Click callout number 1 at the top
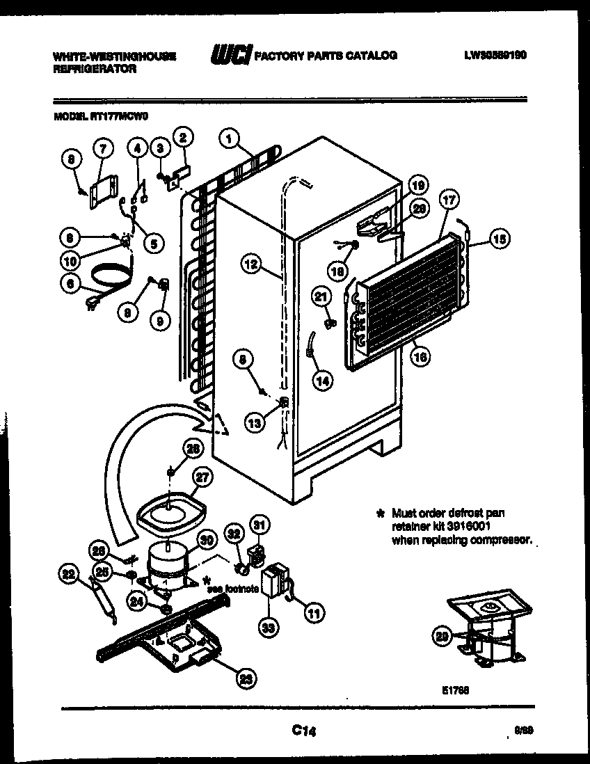point(228,139)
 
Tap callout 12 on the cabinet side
point(252,264)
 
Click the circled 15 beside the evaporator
point(499,239)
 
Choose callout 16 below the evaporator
point(420,358)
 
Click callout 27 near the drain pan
point(202,479)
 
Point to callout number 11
point(314,612)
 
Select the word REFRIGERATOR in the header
point(95,69)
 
